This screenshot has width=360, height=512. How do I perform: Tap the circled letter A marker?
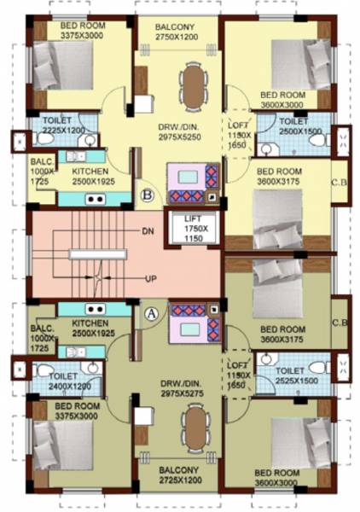click(x=153, y=313)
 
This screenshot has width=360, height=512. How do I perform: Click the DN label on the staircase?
click(x=148, y=231)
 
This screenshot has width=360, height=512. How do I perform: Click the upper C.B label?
click(x=340, y=181)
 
